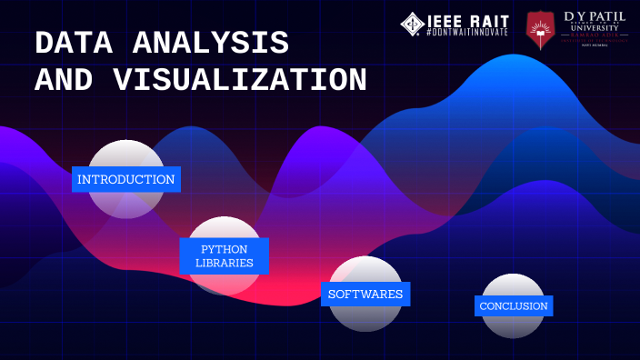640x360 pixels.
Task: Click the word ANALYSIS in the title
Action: pyautogui.click(x=211, y=43)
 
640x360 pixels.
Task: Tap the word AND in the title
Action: pyautogui.click(x=64, y=80)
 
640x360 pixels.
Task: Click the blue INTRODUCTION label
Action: pyautogui.click(x=126, y=179)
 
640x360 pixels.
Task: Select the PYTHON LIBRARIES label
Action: pyautogui.click(x=224, y=255)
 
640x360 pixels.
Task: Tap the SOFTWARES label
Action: pyautogui.click(x=365, y=294)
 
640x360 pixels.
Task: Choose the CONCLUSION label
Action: pyautogui.click(x=514, y=305)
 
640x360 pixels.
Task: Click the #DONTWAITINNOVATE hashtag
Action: pyautogui.click(x=467, y=33)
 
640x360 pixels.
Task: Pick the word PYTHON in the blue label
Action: pyautogui.click(x=224, y=248)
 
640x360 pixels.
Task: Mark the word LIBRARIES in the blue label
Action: pyautogui.click(x=224, y=263)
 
